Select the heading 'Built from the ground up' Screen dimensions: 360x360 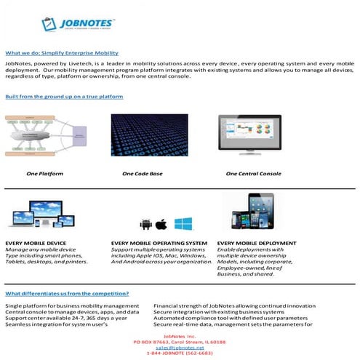(64, 96)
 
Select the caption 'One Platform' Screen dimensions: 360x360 (46, 175)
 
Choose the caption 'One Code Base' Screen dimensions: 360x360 (142, 175)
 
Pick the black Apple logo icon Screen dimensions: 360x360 (161, 223)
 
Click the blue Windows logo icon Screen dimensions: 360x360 (183, 223)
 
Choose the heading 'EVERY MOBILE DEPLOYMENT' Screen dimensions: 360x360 (257, 243)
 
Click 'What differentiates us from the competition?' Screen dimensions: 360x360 (67, 293)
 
